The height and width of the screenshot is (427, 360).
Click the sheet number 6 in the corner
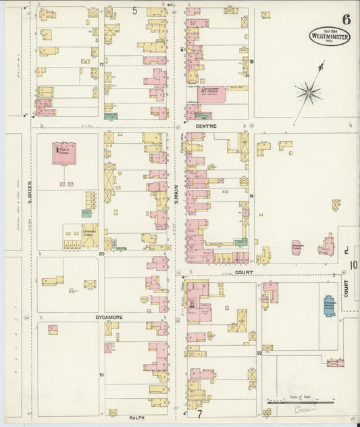coord(346,19)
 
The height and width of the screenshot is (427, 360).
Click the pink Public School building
coord(65,153)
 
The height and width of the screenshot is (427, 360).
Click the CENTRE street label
coord(205,126)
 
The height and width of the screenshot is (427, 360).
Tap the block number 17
coord(102,64)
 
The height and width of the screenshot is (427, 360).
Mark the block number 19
coord(251,196)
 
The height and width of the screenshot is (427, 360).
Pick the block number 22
coord(259,353)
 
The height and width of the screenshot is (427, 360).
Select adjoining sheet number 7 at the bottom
coord(199,412)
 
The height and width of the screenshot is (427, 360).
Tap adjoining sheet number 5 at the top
coord(134,10)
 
